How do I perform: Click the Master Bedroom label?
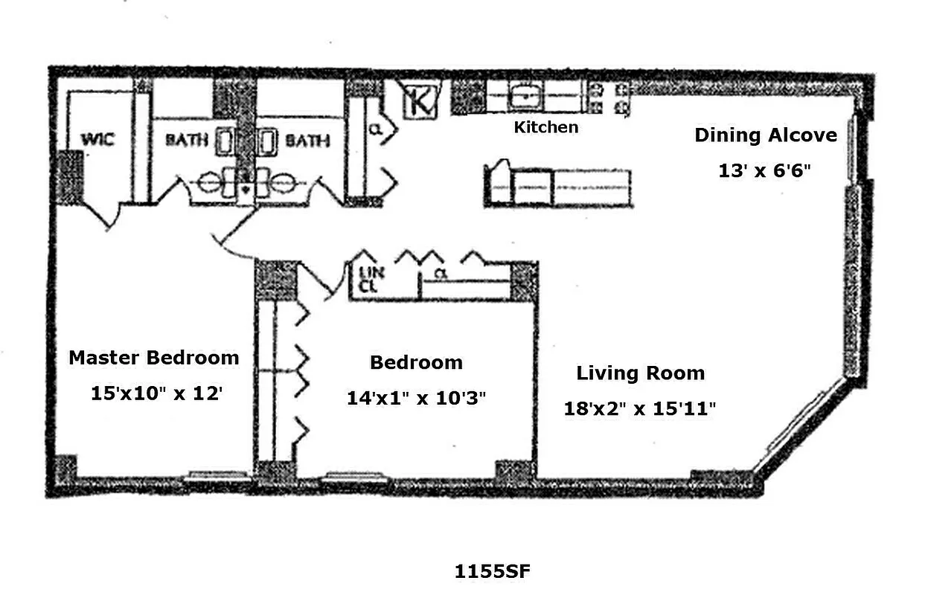[154, 358]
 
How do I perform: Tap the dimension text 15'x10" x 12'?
[156, 393]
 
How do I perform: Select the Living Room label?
[640, 373]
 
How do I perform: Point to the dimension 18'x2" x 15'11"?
[640, 408]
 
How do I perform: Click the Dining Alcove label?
[765, 135]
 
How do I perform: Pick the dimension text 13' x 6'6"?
[764, 170]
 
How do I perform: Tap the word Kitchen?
[545, 127]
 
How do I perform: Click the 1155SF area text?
[492, 571]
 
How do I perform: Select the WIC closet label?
[97, 139]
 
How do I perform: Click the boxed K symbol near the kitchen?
[421, 100]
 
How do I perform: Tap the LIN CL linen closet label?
[371, 280]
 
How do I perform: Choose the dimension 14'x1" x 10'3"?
[416, 398]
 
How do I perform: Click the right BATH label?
[307, 139]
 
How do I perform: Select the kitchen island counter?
[558, 186]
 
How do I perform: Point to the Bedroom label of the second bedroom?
[416, 363]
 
